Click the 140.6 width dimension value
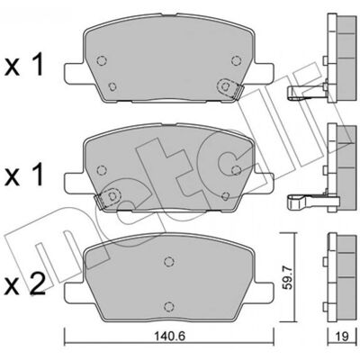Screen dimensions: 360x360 170,337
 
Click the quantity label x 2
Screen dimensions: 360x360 25,283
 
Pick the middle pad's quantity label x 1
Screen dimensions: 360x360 25,175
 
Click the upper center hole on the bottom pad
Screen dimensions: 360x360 169,261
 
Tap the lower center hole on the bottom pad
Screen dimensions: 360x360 169,306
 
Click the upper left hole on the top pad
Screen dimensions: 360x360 102,60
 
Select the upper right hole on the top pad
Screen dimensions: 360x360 237,60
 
